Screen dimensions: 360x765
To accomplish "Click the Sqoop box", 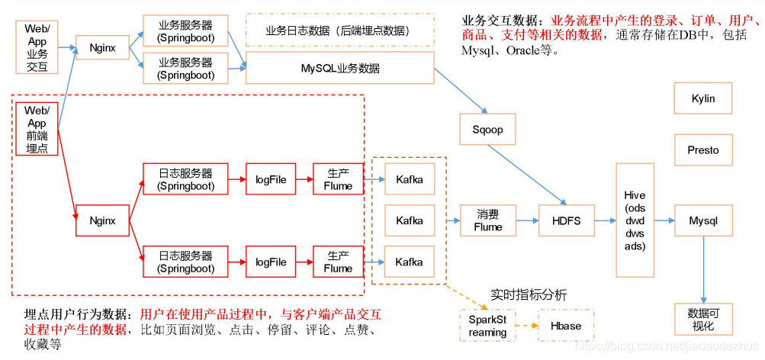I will point(488,129).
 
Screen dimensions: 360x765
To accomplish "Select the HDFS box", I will point(565,220).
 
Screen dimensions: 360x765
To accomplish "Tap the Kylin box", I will point(702,98).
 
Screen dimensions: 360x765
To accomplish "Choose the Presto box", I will point(702,149).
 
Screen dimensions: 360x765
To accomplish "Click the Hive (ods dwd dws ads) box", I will point(635,220).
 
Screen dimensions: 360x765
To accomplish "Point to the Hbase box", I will point(564,326).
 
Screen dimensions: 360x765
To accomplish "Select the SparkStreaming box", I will point(487,326).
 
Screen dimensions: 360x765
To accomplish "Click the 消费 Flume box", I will point(488,220).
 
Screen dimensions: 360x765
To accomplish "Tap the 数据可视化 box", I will point(702,320).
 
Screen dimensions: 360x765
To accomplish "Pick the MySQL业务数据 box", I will point(340,68).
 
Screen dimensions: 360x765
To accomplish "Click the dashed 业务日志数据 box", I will point(340,31).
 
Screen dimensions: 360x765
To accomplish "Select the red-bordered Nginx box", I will point(102,220).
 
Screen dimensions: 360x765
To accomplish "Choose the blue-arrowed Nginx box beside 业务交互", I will point(103,47).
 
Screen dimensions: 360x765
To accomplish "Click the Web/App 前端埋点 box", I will point(36,129).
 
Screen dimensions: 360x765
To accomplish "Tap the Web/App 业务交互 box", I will point(36,47).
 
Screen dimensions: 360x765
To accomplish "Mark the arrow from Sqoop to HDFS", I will point(527,175).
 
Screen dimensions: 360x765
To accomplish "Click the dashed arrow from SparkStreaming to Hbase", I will point(525,326).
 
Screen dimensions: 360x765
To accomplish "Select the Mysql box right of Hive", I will point(702,220).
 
